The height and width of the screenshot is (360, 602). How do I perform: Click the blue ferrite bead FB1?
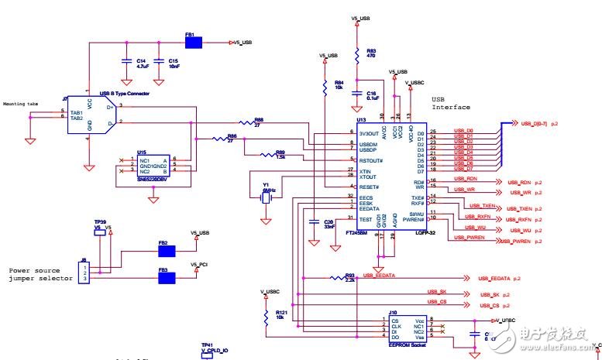pyautogui.click(x=193, y=42)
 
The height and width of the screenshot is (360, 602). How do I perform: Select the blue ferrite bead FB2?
pyautogui.click(x=167, y=251)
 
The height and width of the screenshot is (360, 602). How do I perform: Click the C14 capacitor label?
pyautogui.click(x=140, y=60)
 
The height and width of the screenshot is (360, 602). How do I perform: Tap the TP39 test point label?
pyautogui.click(x=100, y=221)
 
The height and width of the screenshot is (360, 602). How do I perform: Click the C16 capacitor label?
pyautogui.click(x=372, y=93)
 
